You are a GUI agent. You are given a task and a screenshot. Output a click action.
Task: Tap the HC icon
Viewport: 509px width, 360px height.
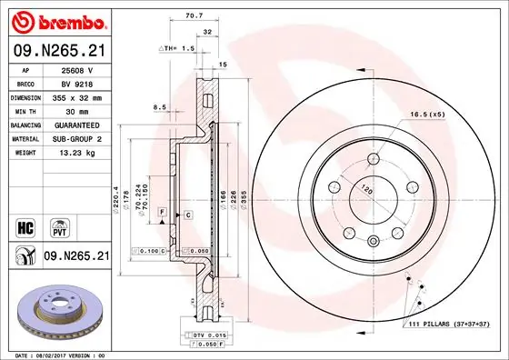click(x=26, y=224)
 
